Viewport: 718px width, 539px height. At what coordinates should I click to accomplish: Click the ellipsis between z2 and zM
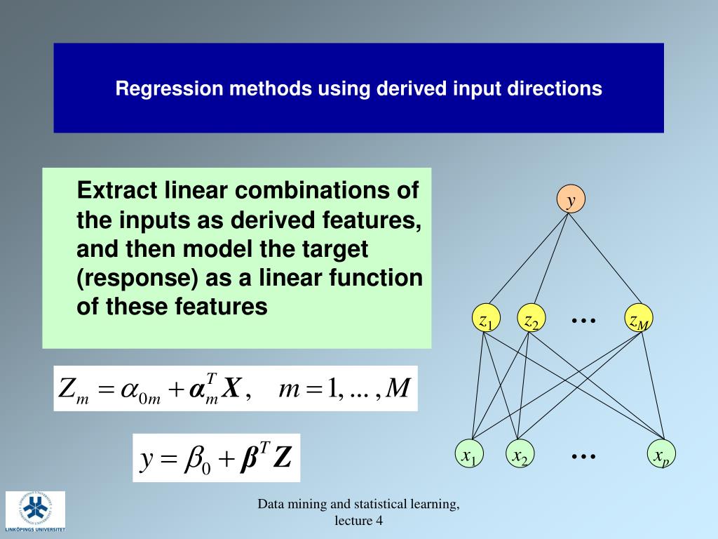click(x=583, y=320)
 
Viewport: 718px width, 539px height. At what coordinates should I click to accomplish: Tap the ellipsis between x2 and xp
click(x=583, y=456)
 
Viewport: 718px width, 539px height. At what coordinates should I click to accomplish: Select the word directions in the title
click(x=561, y=89)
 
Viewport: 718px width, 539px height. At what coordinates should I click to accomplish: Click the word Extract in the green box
click(x=117, y=191)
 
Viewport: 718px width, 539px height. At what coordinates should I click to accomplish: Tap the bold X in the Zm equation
click(x=231, y=388)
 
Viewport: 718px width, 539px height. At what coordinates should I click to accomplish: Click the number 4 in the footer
click(x=379, y=520)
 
